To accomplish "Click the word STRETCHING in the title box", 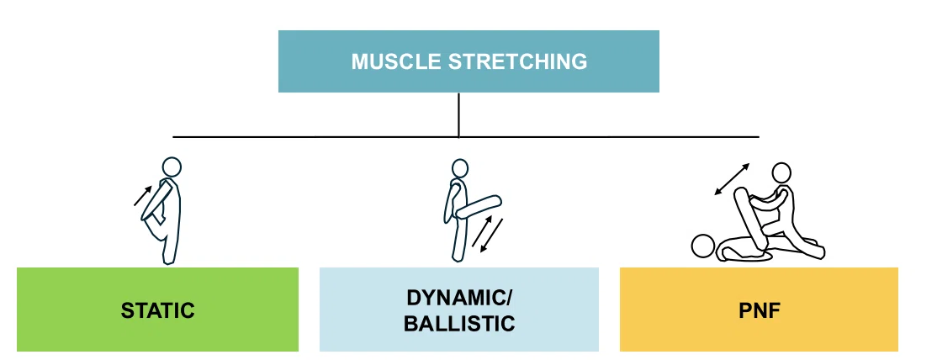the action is click(x=518, y=61).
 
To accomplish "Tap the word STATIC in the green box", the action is click(x=158, y=310).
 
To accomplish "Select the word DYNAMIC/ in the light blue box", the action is click(x=459, y=298).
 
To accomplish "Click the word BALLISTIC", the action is click(x=459, y=324).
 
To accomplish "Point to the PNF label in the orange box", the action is click(x=760, y=311).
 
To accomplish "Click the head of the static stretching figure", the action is click(x=172, y=167).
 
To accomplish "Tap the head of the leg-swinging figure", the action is click(x=459, y=168).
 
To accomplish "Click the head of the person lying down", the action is click(x=702, y=246).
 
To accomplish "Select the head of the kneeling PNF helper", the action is click(x=781, y=172).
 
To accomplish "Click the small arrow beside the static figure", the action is click(x=143, y=195).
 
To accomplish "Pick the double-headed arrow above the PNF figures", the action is click(x=732, y=179).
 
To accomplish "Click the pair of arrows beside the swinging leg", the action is click(x=487, y=233).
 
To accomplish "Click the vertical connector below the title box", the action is click(x=458, y=115).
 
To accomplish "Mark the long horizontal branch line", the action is click(x=466, y=137).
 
